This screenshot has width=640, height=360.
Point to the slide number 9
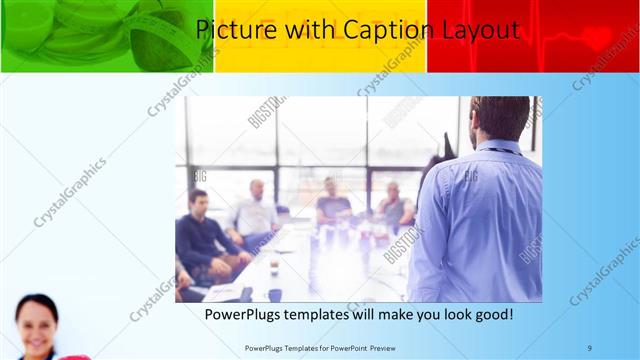pos(589,347)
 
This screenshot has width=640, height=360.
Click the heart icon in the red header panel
pos(598,39)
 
